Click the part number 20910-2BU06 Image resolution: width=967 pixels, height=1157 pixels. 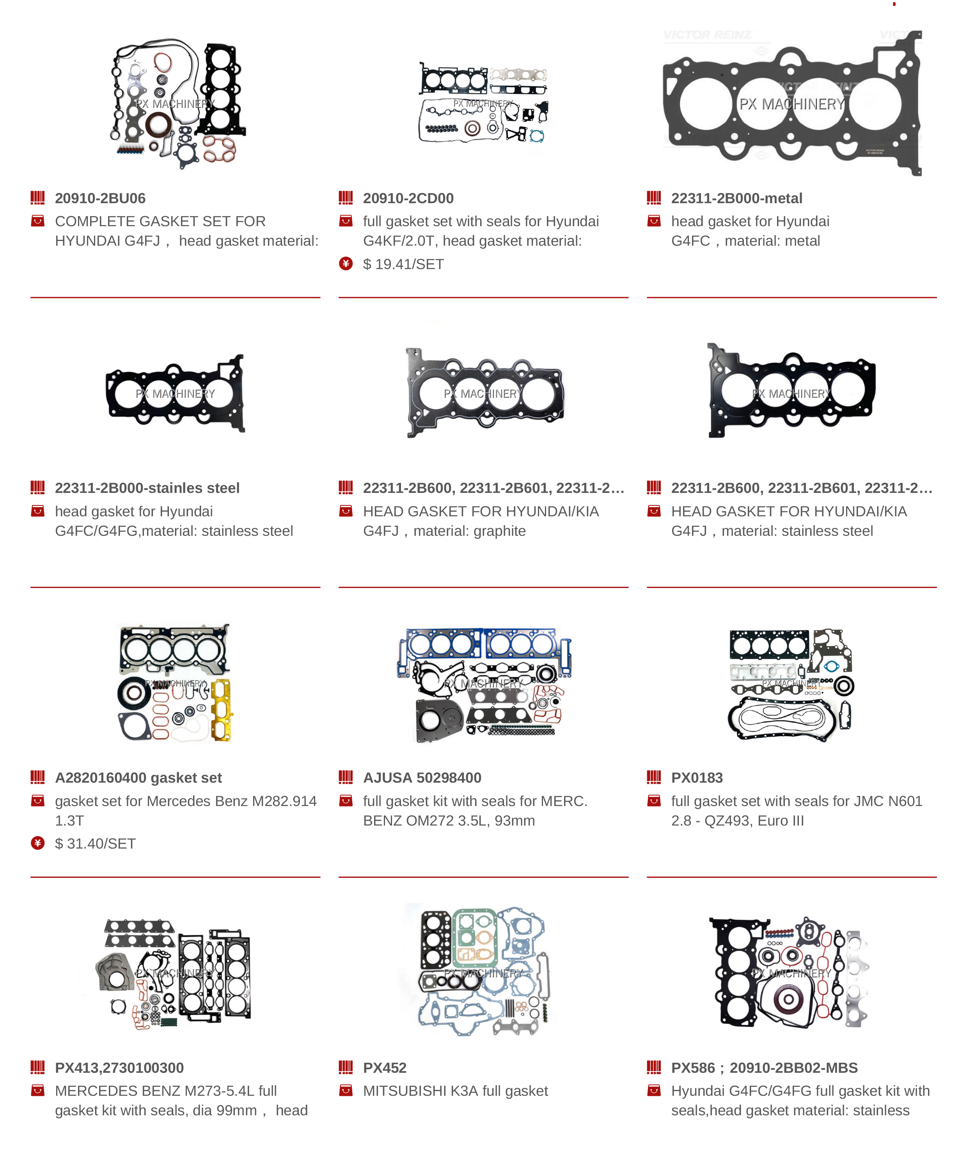click(x=100, y=198)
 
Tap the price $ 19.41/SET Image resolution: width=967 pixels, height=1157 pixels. click(x=403, y=264)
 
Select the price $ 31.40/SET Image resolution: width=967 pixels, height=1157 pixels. click(x=95, y=843)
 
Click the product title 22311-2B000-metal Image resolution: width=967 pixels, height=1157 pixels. click(x=736, y=198)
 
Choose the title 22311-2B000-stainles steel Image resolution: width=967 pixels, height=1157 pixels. click(x=147, y=488)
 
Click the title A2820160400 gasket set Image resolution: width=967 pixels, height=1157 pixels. click(x=138, y=778)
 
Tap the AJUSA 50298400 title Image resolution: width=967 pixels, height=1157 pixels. click(x=422, y=778)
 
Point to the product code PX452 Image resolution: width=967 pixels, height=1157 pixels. click(x=384, y=1068)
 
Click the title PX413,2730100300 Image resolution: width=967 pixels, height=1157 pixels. click(x=119, y=1068)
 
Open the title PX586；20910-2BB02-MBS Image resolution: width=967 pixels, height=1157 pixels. click(x=764, y=1068)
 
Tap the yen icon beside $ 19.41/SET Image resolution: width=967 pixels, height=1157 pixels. click(x=346, y=264)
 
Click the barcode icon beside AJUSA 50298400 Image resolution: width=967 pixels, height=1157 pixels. click(x=346, y=778)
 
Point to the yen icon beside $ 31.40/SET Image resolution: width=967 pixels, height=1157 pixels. click(x=37, y=843)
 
